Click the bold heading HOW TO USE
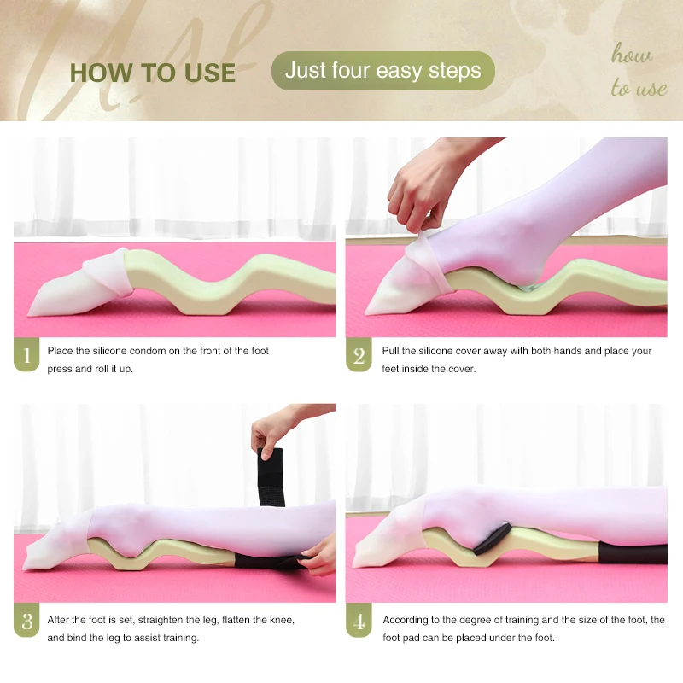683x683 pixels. (153, 73)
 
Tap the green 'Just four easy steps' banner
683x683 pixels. (382, 71)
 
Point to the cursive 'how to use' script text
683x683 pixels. (638, 70)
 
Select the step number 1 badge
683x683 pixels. (26, 354)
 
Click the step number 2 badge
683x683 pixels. (359, 354)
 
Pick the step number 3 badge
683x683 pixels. (26, 621)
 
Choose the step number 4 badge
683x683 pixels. (359, 621)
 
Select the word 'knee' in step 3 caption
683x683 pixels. (283, 620)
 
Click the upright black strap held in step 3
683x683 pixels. (271, 477)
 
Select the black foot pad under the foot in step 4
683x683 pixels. (493, 539)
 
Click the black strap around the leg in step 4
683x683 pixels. (633, 552)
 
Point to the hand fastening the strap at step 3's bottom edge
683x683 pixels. (318, 556)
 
